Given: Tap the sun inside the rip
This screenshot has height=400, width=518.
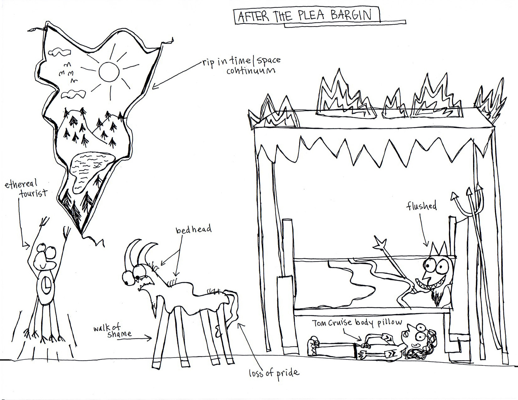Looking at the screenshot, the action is tap(109, 72).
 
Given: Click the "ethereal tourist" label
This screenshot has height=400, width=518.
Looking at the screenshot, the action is tap(26, 188).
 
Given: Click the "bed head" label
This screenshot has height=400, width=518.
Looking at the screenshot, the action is tap(193, 230).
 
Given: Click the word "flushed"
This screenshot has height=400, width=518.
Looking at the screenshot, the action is tap(422, 206).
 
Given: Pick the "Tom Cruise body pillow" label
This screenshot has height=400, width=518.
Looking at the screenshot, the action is tap(357, 323).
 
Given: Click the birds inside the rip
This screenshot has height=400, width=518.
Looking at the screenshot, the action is tap(68, 73).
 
